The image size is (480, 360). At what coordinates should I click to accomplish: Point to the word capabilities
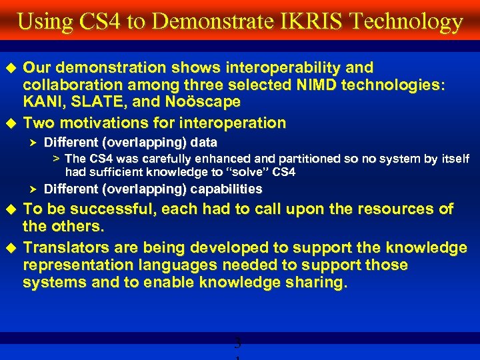pyautogui.click(x=224, y=189)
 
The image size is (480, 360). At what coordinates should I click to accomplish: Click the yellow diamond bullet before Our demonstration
pyautogui.click(x=10, y=68)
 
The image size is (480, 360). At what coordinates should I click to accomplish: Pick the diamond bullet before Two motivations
pyautogui.click(x=10, y=123)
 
